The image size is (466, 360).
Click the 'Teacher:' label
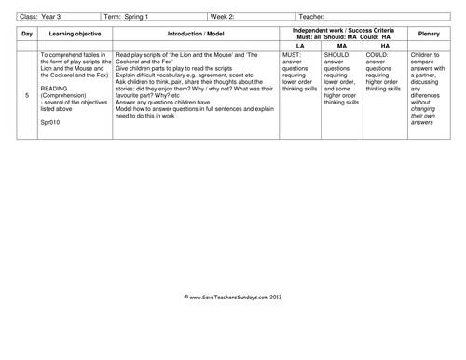point(314,16)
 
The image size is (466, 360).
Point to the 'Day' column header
point(27,35)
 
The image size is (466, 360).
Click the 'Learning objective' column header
point(75,35)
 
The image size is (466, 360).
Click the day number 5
point(27,95)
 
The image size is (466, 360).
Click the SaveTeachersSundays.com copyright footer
point(233,296)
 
